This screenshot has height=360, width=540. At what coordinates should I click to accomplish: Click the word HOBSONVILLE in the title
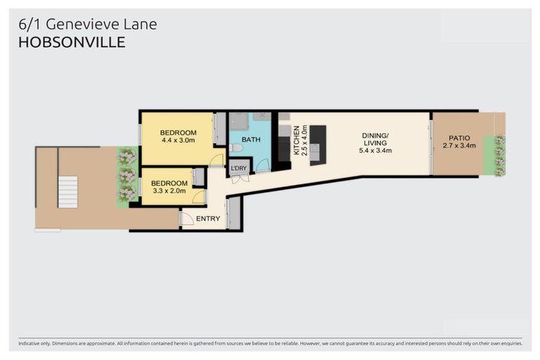[72, 42]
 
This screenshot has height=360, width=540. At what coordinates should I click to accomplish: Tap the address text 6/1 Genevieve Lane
[88, 25]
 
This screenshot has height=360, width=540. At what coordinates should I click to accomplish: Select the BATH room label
[251, 140]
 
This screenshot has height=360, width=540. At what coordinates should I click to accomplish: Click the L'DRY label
[238, 169]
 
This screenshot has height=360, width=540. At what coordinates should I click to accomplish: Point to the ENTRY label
[208, 219]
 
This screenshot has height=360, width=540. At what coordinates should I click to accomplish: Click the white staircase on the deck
[67, 192]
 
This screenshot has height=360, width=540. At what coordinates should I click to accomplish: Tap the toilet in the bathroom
[236, 148]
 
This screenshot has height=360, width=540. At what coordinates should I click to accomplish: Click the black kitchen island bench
[318, 144]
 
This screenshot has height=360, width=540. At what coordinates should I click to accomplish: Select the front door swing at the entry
[186, 219]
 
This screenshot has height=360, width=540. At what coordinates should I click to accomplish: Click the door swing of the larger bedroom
[217, 160]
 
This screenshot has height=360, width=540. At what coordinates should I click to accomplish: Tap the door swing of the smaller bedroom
[199, 197]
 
